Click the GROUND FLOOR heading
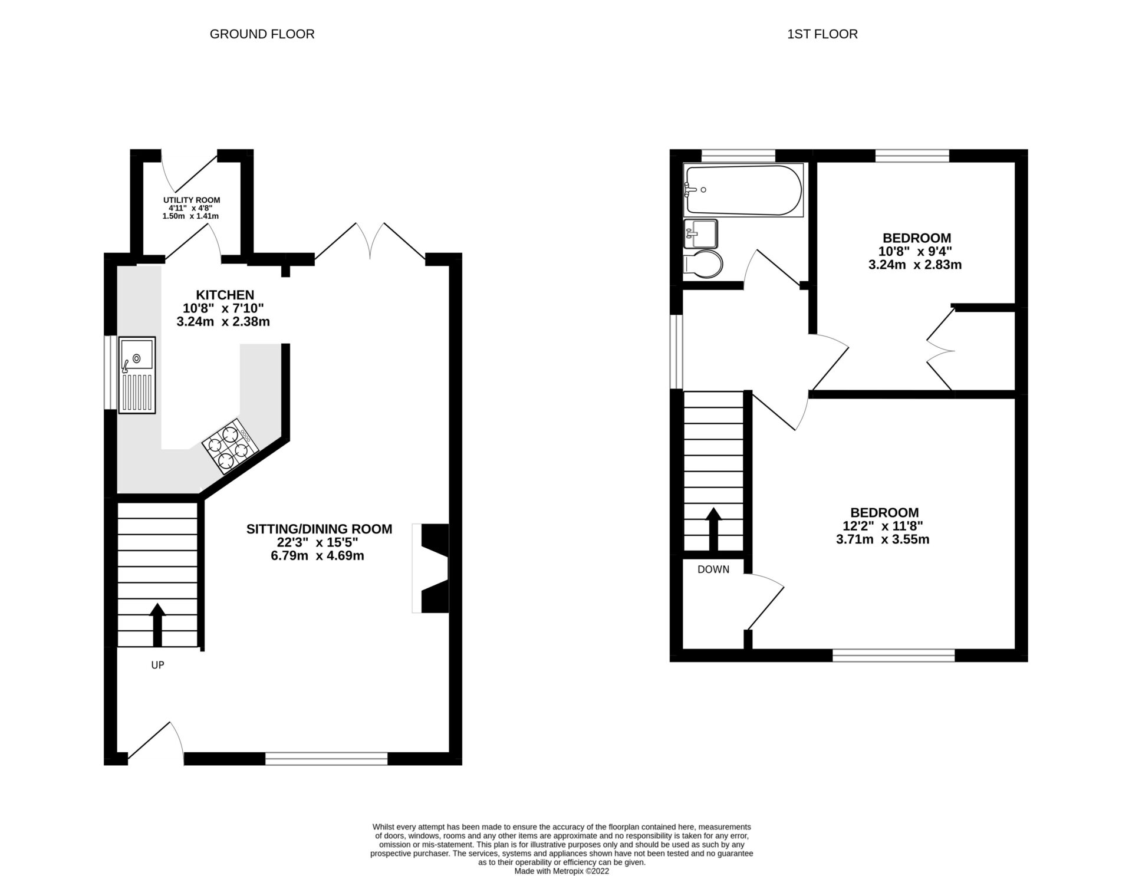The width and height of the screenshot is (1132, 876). pyautogui.click(x=262, y=34)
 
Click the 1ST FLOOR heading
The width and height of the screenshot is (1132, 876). pyautogui.click(x=822, y=34)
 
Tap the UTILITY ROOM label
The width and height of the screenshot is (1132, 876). pyautogui.click(x=192, y=200)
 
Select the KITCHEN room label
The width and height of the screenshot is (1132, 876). pyautogui.click(x=225, y=295)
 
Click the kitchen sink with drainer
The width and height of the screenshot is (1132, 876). pyautogui.click(x=137, y=375)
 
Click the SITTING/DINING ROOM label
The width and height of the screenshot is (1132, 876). pyautogui.click(x=319, y=529)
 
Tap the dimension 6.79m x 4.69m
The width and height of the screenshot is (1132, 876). pyautogui.click(x=317, y=556)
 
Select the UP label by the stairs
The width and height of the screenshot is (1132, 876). pyautogui.click(x=157, y=665)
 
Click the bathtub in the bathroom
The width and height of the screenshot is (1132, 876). pyautogui.click(x=743, y=190)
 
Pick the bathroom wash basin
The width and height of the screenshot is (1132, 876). pyautogui.click(x=701, y=234)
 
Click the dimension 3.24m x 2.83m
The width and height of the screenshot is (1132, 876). pyautogui.click(x=915, y=265)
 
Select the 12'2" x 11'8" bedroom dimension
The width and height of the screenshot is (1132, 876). pyautogui.click(x=884, y=526)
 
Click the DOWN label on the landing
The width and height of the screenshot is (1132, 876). pyautogui.click(x=713, y=569)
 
